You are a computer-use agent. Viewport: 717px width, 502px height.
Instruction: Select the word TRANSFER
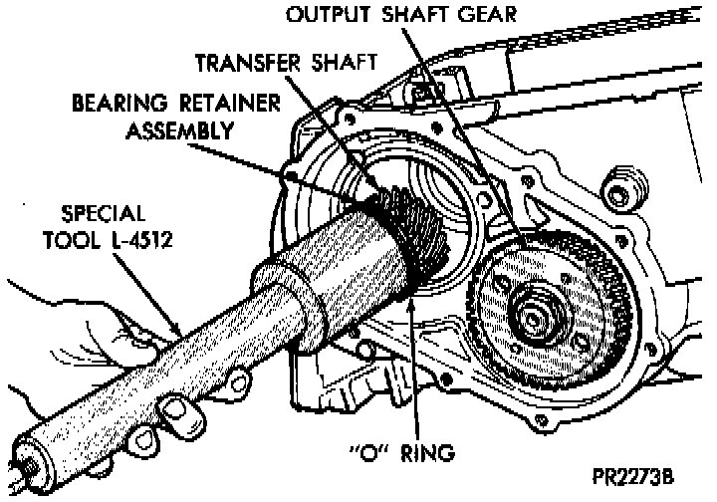(x=245, y=62)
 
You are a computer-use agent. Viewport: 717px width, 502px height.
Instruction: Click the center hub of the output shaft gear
(x=533, y=317)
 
